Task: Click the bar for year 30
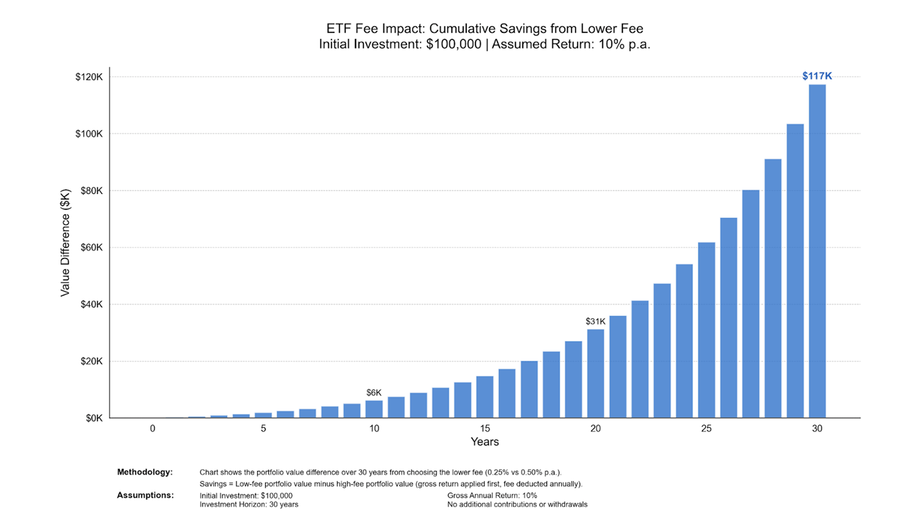(x=817, y=251)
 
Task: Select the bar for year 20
(x=595, y=373)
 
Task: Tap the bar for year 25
(x=706, y=330)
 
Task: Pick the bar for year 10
(x=374, y=409)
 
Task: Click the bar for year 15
(x=485, y=397)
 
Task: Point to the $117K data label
(x=817, y=76)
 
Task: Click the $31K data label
(x=595, y=321)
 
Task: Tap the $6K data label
(x=374, y=393)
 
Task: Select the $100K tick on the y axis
(x=89, y=134)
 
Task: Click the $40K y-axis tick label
(x=90, y=304)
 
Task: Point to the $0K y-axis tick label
(x=93, y=418)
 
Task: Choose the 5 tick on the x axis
(x=263, y=429)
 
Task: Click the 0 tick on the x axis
(x=153, y=429)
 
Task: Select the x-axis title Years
(x=485, y=442)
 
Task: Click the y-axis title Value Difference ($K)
(x=65, y=242)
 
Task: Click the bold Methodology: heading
(x=145, y=472)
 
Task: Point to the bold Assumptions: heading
(x=145, y=495)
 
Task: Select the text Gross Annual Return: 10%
(x=492, y=495)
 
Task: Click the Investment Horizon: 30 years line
(x=249, y=505)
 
